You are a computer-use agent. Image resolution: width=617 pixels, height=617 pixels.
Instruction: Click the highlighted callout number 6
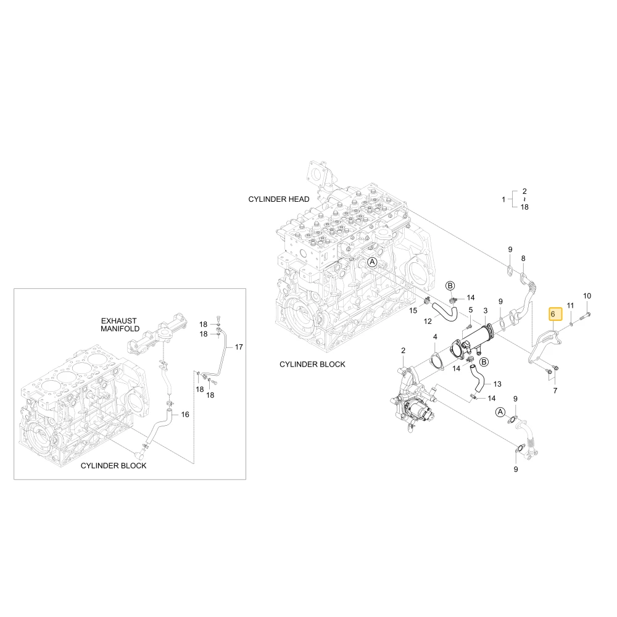pyautogui.click(x=553, y=314)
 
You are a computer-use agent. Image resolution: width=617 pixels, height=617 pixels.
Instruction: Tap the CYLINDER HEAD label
pyautogui.click(x=279, y=199)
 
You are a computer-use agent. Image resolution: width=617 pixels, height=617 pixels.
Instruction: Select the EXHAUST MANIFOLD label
pyautogui.click(x=120, y=325)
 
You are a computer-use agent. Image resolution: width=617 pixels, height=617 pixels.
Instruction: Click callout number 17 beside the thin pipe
pyautogui.click(x=239, y=347)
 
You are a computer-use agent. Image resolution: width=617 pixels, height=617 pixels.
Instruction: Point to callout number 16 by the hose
pyautogui.click(x=185, y=415)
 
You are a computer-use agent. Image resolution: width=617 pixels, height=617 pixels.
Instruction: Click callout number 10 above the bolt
pyautogui.click(x=587, y=296)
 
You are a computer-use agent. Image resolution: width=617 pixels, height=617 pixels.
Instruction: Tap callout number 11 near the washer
pyautogui.click(x=570, y=305)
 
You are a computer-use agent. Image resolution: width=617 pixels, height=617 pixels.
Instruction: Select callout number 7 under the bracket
pyautogui.click(x=555, y=391)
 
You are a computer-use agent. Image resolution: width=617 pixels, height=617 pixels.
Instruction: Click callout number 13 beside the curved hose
pyautogui.click(x=497, y=384)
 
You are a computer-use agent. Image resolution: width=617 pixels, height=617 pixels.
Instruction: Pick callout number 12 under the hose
pyautogui.click(x=428, y=321)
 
